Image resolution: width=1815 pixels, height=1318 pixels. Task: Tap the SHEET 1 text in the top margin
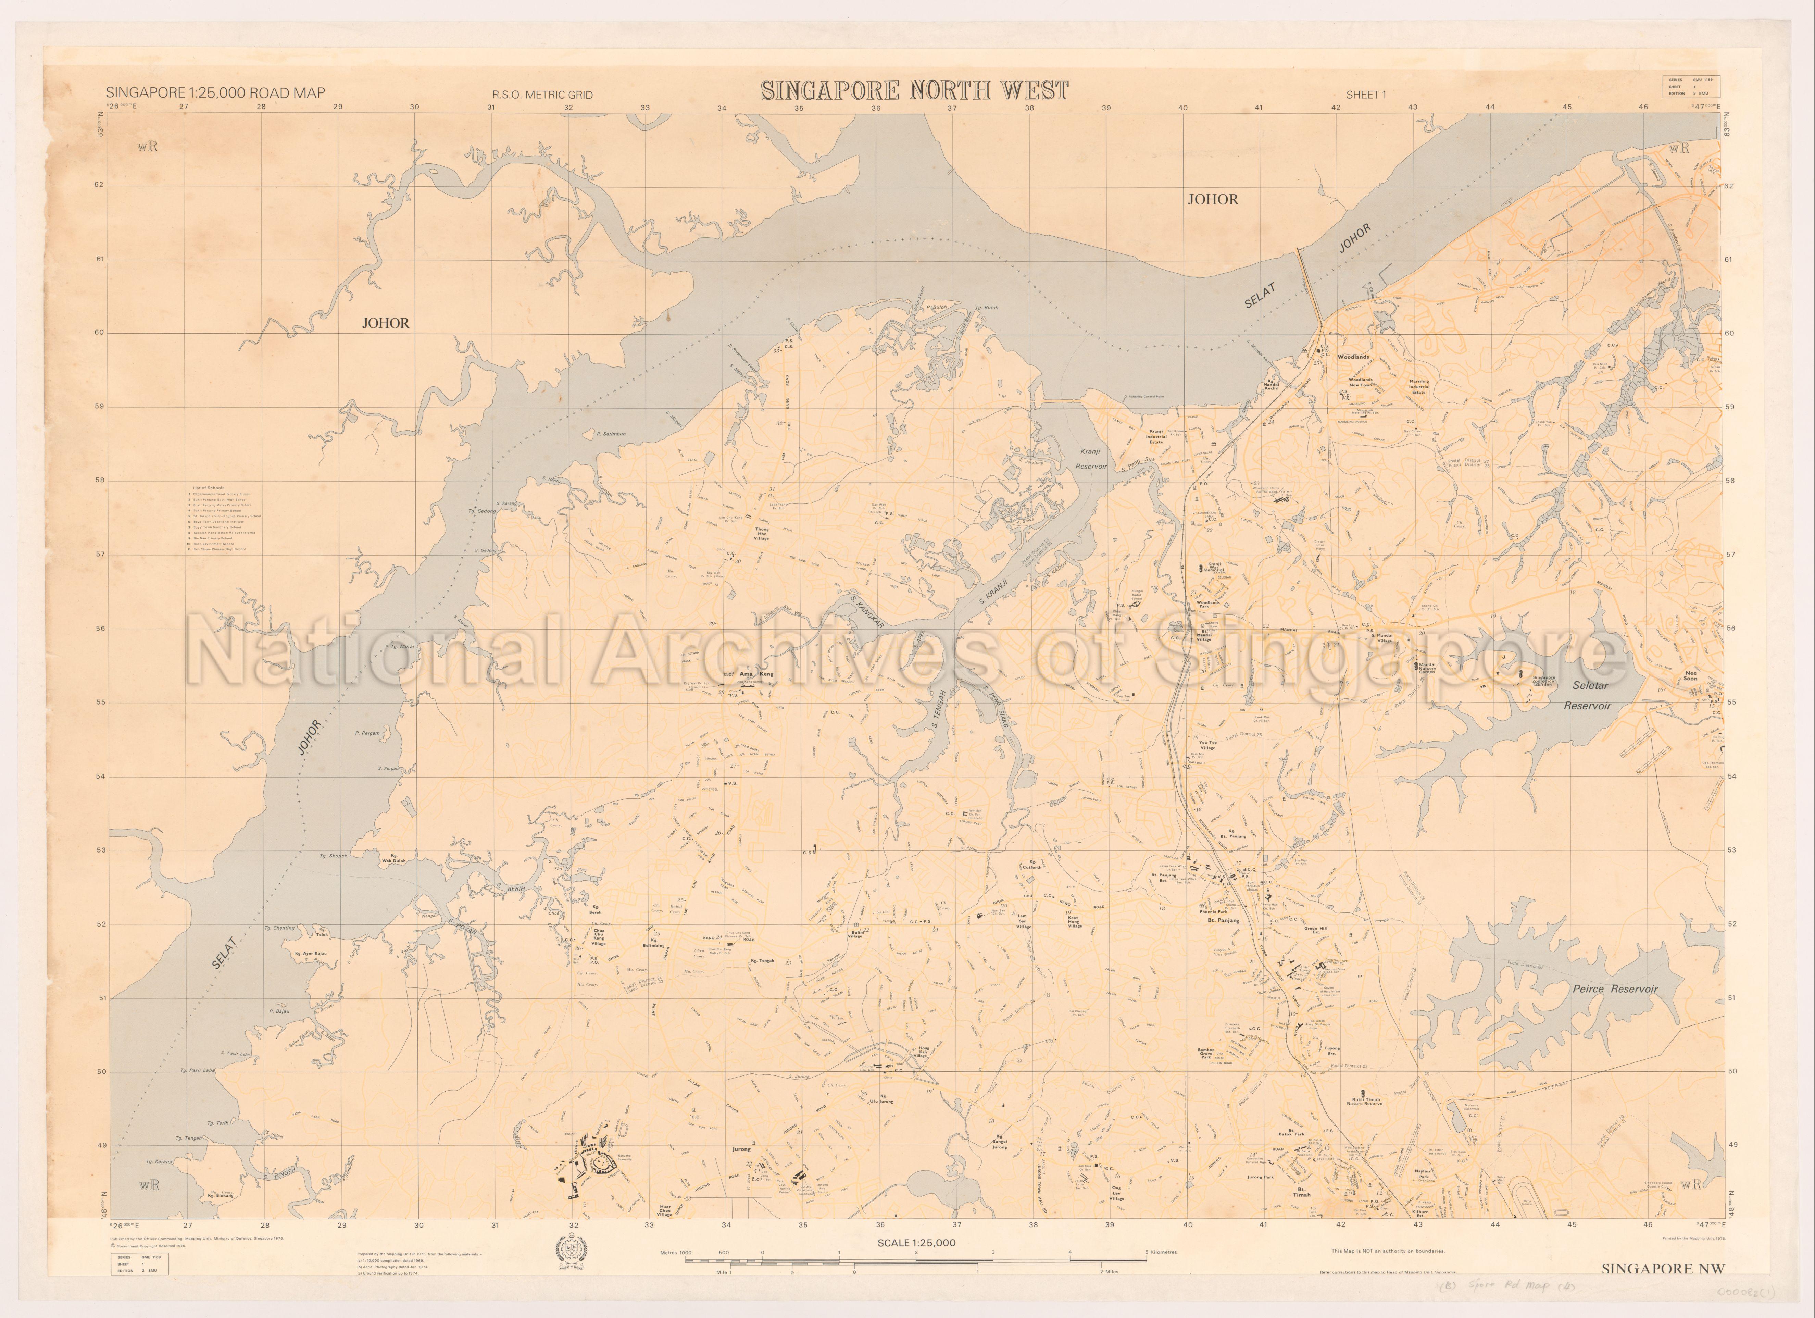1366,95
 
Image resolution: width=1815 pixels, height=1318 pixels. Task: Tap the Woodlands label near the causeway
1353,357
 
